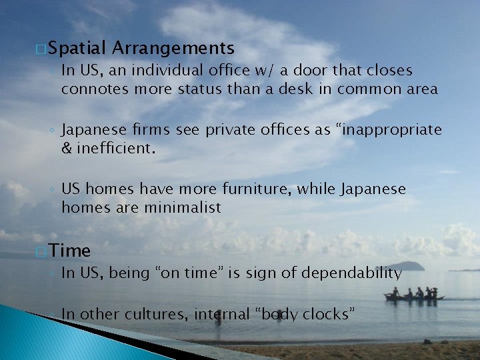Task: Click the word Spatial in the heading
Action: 77,48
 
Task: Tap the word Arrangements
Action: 173,48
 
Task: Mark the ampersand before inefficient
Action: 67,147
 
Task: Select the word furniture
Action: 257,189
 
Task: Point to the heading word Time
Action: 69,251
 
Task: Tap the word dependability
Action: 352,273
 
